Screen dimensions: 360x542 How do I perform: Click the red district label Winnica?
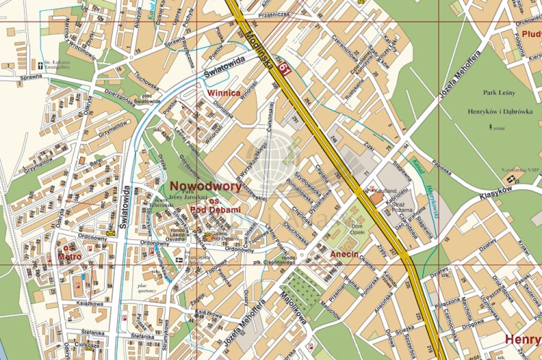(x=223, y=93)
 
